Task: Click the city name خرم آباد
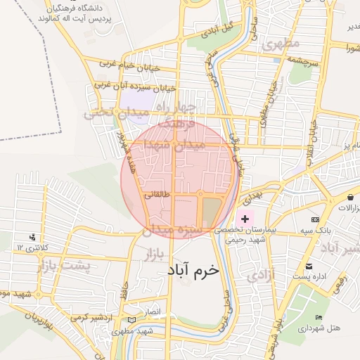coord(193,269)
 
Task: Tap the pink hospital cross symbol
coord(245,220)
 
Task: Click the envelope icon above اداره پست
coord(309,266)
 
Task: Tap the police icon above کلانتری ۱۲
coord(32,237)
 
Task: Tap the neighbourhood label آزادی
coord(261,274)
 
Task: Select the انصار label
coord(153,310)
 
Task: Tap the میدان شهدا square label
coord(176,144)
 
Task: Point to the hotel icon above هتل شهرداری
coord(319,318)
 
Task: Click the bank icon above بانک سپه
coord(315,220)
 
